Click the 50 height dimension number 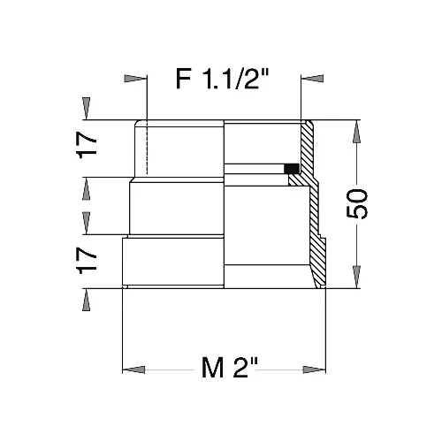pyautogui.click(x=376, y=204)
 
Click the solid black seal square pyautogui.click(x=290, y=168)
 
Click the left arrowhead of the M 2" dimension pyautogui.click(x=133, y=368)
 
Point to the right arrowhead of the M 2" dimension pyautogui.click(x=312, y=368)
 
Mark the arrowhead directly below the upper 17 pyautogui.click(x=86, y=187)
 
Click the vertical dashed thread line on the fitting pyautogui.click(x=142, y=150)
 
